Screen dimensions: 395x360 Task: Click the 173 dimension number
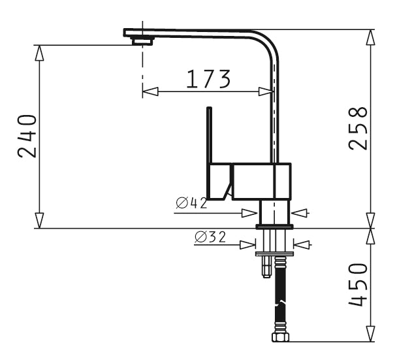coord(208,79)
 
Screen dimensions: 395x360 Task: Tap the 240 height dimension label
coord(27,136)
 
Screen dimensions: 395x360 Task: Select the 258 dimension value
coord(358,128)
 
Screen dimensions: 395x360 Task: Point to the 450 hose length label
coord(358,285)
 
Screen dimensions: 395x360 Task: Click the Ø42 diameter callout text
coord(191,203)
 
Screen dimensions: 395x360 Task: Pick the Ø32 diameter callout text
coord(210,237)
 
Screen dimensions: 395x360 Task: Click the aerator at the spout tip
coord(142,41)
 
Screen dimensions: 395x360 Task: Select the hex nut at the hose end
coord(280,337)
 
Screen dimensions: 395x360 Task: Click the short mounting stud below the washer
coord(266,267)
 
